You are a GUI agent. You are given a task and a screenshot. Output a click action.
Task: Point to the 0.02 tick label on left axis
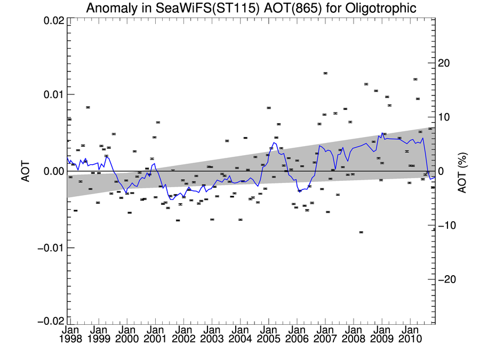(54, 20)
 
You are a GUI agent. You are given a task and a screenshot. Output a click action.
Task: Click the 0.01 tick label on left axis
(54, 94)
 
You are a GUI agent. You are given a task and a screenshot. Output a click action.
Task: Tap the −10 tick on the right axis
(447, 226)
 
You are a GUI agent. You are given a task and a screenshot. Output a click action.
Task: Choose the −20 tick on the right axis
(447, 280)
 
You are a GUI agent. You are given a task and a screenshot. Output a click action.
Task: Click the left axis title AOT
(26, 171)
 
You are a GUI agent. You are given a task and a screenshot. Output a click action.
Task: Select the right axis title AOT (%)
(462, 171)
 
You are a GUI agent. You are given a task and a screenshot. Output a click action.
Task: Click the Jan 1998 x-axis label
(70, 335)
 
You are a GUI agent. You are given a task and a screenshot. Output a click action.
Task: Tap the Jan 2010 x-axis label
(410, 335)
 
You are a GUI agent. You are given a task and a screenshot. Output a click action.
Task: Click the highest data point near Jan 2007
(325, 73)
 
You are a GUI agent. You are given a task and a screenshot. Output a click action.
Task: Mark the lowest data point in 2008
(361, 232)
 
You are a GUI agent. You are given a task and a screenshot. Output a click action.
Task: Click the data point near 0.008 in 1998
(88, 107)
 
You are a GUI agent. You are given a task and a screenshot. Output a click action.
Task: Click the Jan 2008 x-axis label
(353, 335)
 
